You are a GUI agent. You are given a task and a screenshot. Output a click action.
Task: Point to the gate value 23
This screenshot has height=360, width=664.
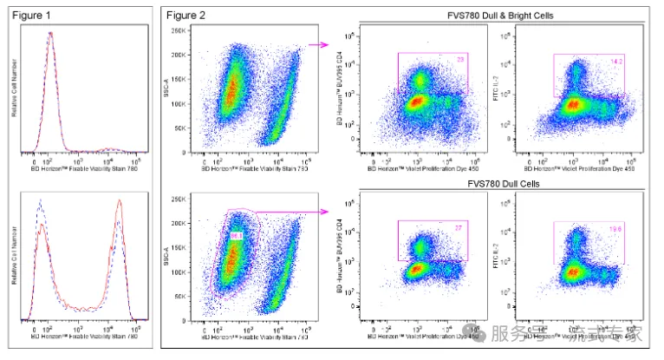tap(461, 58)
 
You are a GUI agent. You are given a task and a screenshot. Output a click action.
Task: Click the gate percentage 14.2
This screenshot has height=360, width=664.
tap(618, 62)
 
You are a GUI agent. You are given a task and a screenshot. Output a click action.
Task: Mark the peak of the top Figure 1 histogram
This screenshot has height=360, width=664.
tap(50, 34)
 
